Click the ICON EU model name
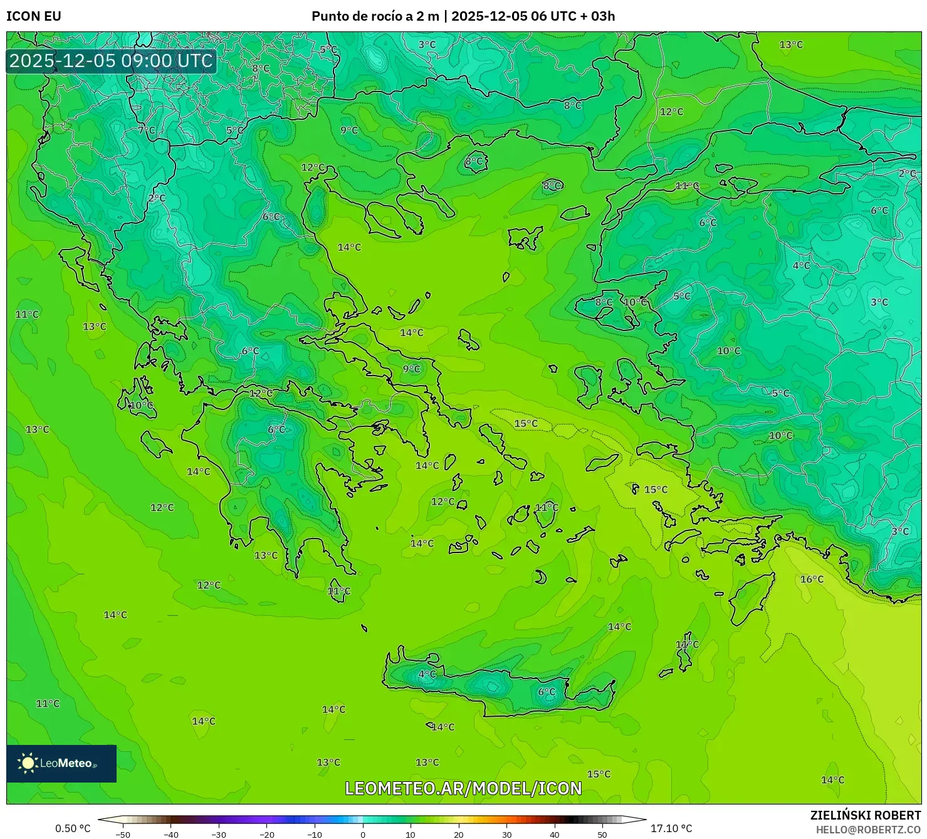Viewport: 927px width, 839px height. [34, 16]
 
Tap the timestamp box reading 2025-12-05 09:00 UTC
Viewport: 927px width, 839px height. [111, 61]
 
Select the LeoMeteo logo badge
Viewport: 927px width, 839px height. [61, 763]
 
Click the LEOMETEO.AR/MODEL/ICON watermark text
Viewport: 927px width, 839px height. [463, 788]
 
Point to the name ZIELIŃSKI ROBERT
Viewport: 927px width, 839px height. [865, 815]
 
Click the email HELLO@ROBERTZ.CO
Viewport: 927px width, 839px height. [868, 830]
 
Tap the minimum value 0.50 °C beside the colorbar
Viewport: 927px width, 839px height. [73, 828]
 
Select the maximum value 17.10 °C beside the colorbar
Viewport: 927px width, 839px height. [671, 828]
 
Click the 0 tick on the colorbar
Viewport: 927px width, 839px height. [363, 834]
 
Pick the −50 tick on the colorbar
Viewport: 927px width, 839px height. [123, 834]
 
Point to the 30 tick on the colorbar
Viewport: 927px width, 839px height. [506, 834]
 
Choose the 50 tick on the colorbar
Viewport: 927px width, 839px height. [602, 834]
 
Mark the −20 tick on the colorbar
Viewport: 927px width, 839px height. [267, 834]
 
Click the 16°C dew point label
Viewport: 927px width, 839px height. [812, 579]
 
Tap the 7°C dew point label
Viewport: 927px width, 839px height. [147, 130]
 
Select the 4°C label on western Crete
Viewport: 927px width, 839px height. [427, 674]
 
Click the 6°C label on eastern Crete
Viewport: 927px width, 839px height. [547, 692]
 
